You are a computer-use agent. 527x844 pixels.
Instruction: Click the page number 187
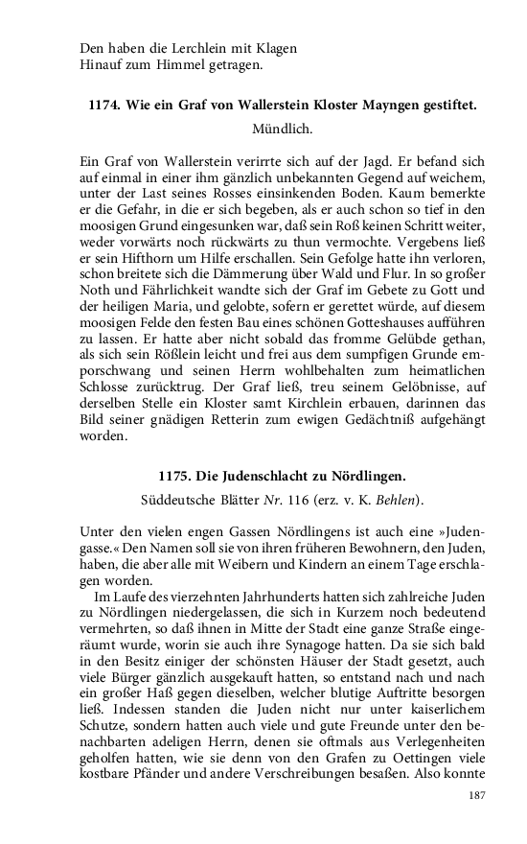click(x=477, y=796)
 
